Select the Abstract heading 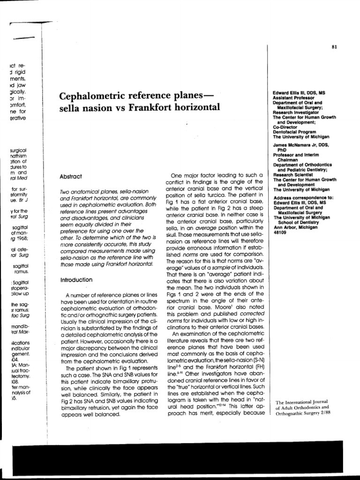pos(71,177)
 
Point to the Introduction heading pos(77,279)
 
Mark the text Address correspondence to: pos(303,198)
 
